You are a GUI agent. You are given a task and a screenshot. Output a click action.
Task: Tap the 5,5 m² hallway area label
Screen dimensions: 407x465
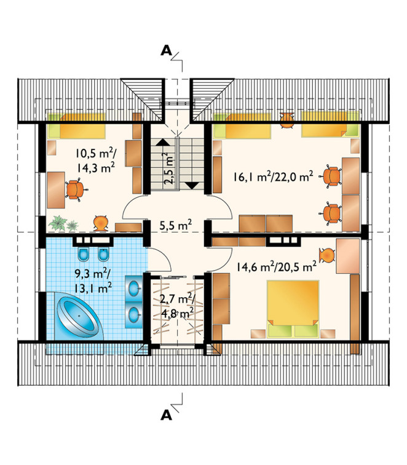pyautogui.click(x=175, y=225)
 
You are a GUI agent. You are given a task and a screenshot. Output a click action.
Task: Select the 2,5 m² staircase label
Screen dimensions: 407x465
pyautogui.click(x=169, y=169)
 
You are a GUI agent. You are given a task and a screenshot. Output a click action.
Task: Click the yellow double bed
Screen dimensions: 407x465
pyautogui.click(x=293, y=308)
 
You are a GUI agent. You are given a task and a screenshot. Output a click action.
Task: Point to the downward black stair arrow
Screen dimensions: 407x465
pyautogui.click(x=192, y=186)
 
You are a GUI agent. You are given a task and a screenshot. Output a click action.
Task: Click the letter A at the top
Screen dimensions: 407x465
pyautogui.click(x=166, y=50)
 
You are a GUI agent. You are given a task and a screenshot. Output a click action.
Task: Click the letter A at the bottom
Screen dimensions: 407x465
pyautogui.click(x=166, y=415)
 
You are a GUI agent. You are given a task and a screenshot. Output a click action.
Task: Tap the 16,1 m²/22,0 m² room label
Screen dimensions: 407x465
pyautogui.click(x=273, y=177)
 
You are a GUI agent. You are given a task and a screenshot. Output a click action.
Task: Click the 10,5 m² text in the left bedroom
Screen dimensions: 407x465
pyautogui.click(x=95, y=153)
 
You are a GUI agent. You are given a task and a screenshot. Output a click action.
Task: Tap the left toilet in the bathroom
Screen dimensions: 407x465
pyautogui.click(x=84, y=254)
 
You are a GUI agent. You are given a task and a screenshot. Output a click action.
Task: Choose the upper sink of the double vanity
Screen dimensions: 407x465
pyautogui.click(x=134, y=288)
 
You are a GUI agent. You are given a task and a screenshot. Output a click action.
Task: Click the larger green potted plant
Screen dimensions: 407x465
pyautogui.click(x=58, y=223)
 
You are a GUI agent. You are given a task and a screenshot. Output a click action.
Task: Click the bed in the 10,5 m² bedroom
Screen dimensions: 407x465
pyautogui.click(x=76, y=127)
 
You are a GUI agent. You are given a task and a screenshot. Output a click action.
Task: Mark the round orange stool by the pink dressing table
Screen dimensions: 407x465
pyautogui.click(x=326, y=255)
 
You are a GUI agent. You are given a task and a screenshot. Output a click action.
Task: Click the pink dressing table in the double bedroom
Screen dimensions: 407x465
pyautogui.click(x=347, y=256)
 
